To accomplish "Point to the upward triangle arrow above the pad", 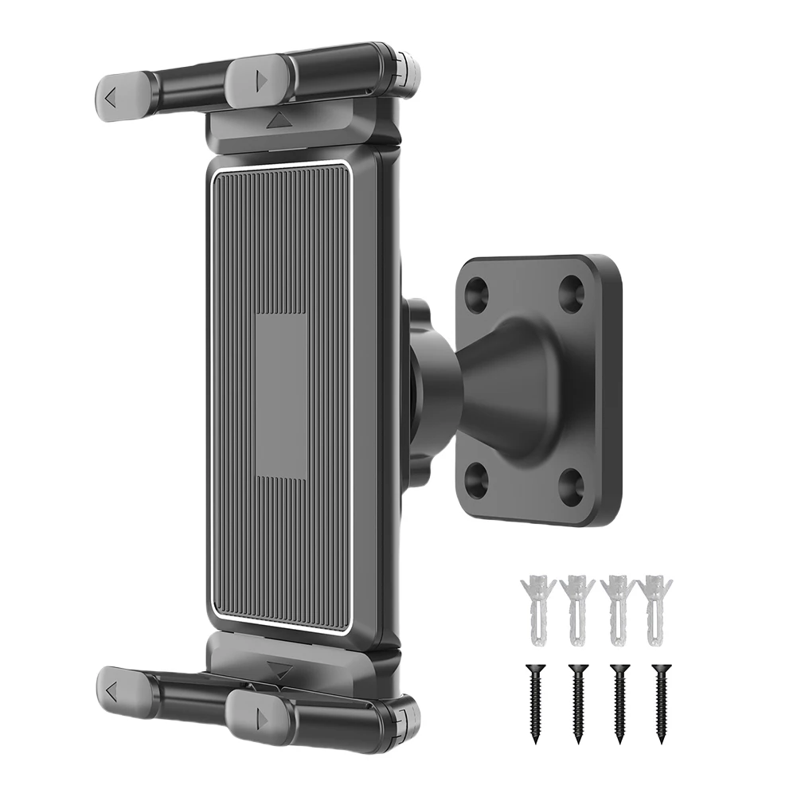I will tap(279, 121).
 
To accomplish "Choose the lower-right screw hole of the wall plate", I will tap(571, 482).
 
